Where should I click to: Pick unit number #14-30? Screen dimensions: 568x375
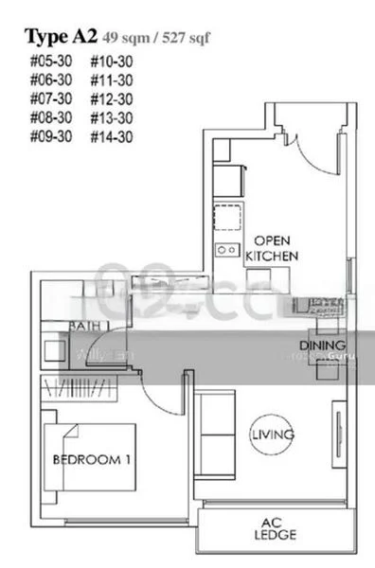pos(111,136)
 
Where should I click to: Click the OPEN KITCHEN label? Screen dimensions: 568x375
pos(273,248)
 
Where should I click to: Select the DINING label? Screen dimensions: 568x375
pos(322,346)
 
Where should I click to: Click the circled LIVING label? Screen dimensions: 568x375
pos(273,435)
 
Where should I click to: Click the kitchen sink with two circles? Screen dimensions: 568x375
pos(226,250)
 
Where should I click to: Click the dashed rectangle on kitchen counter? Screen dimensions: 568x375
pos(226,218)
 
